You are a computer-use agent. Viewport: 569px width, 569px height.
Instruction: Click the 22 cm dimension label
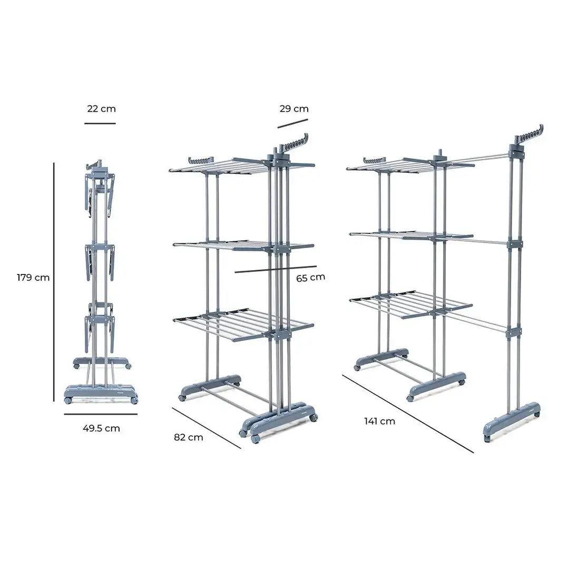(101, 109)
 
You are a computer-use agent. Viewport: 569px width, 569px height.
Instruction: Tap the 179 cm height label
(33, 278)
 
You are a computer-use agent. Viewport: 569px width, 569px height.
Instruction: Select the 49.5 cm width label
(101, 428)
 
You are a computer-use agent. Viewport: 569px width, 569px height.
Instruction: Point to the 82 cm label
(188, 437)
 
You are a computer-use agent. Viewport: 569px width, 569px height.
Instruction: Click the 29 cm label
(294, 109)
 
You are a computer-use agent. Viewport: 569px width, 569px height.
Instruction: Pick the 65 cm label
(310, 277)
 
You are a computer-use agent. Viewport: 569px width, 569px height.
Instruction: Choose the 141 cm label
(379, 421)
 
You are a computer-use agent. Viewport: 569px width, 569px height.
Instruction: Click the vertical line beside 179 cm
(54, 282)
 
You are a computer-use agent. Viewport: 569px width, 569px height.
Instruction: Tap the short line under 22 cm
(100, 123)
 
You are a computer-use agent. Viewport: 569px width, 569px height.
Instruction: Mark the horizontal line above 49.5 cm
(100, 414)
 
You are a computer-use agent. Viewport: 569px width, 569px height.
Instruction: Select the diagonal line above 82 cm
(206, 428)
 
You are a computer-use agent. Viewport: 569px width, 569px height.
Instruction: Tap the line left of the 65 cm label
(276, 269)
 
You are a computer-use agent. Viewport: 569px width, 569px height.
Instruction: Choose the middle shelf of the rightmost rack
(411, 237)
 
